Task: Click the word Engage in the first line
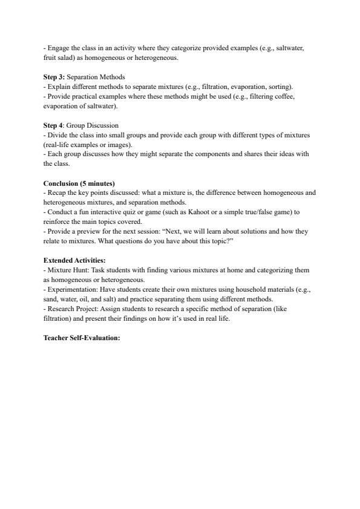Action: click(58, 48)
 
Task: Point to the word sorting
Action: click(281, 87)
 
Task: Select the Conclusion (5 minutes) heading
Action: click(79, 183)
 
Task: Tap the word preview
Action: click(83, 232)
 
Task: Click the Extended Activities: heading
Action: click(74, 261)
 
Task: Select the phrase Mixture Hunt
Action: click(66, 271)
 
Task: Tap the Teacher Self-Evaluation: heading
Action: click(82, 338)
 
